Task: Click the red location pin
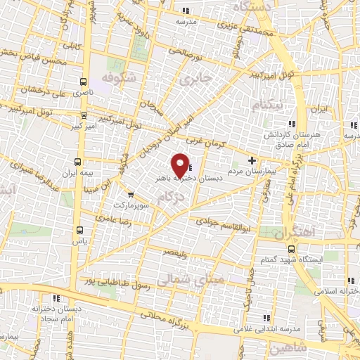181,165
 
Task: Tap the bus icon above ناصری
84,82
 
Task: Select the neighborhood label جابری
195,79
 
